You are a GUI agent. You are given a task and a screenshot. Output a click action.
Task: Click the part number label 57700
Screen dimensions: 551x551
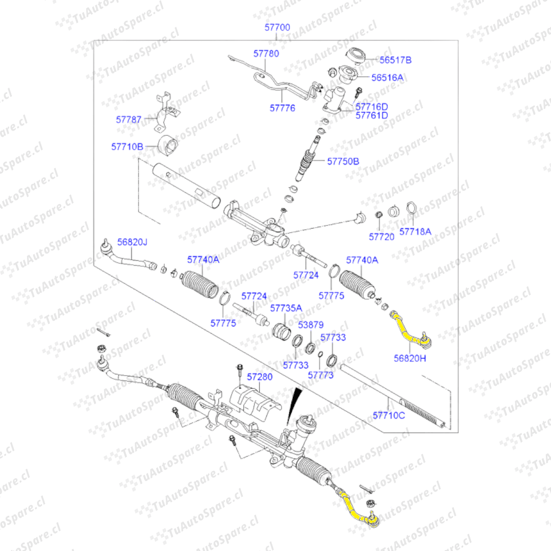[x=278, y=28]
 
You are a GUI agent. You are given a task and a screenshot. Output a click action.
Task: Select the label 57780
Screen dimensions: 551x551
[x=266, y=53]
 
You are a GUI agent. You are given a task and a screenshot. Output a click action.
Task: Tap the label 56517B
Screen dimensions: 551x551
[x=395, y=60]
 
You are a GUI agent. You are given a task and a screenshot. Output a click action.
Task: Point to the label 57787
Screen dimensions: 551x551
[x=129, y=119]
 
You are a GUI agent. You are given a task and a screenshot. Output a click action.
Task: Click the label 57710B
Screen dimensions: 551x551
[x=127, y=146]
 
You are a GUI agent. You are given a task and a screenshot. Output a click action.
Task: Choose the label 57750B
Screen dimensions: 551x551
[x=343, y=161]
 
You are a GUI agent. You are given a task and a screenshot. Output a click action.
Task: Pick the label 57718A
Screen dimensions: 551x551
[x=415, y=231]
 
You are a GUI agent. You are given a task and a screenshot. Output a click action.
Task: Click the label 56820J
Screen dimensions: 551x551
[x=132, y=242]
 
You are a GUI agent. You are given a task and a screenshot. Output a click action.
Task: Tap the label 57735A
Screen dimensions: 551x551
[x=286, y=308]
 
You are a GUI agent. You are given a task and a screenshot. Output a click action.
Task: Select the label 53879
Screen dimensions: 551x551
[x=311, y=324]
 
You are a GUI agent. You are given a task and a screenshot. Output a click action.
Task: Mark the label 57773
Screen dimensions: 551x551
[x=320, y=375]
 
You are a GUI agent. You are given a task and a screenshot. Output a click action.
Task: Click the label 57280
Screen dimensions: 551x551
[x=260, y=377]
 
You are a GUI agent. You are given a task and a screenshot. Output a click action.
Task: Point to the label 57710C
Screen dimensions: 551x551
[x=388, y=415]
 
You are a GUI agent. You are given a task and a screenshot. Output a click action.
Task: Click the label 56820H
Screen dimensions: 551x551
[x=409, y=358]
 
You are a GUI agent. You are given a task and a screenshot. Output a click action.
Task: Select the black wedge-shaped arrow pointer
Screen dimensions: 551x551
[x=294, y=405]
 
